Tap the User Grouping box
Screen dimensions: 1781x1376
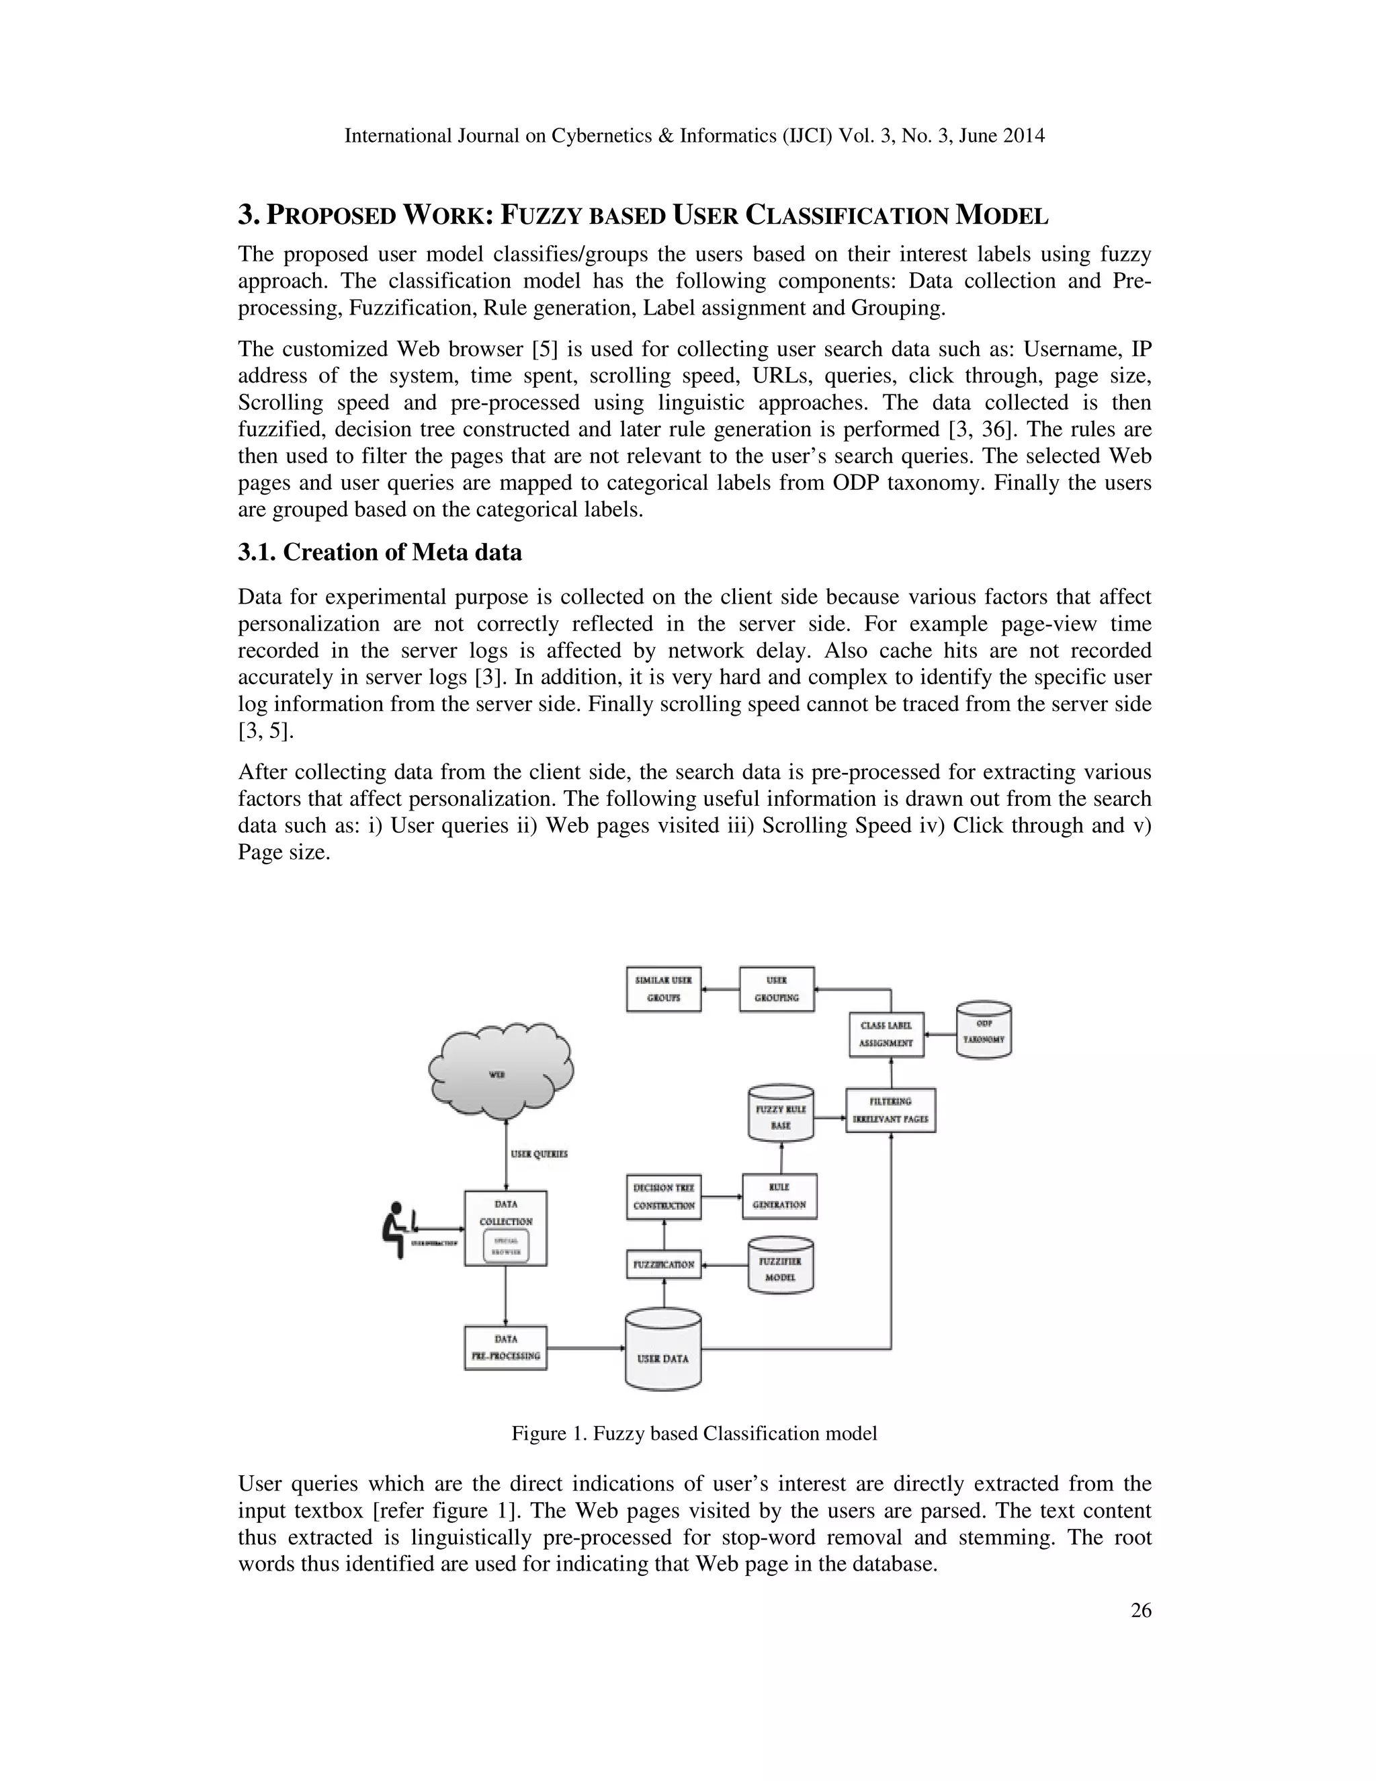[x=776, y=989]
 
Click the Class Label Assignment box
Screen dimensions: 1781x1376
[x=886, y=1034]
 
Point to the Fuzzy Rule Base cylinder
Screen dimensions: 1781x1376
[x=780, y=1114]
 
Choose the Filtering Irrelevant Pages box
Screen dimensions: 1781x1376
[x=890, y=1110]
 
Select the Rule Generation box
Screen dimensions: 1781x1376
[x=779, y=1196]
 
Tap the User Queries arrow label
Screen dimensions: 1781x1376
[x=539, y=1154]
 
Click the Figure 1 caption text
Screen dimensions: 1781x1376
[x=693, y=1433]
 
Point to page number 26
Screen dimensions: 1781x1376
[x=1140, y=1610]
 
